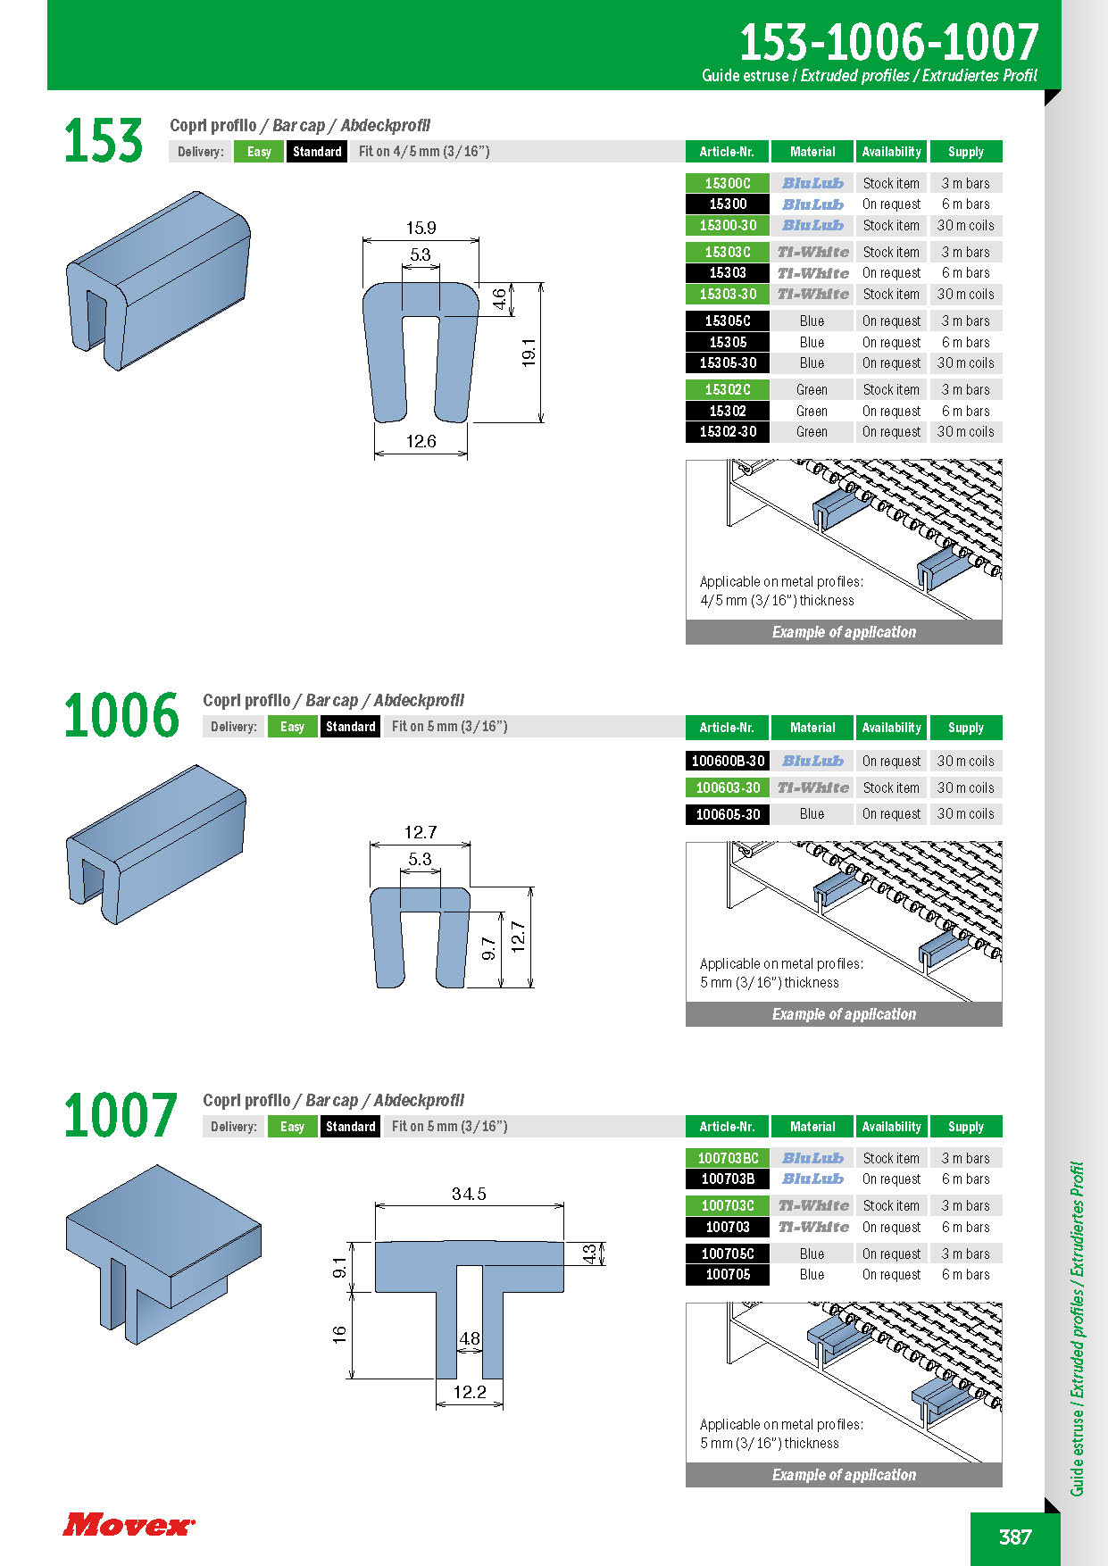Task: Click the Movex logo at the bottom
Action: point(129,1524)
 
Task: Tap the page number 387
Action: point(1015,1537)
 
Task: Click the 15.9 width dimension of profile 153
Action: point(421,228)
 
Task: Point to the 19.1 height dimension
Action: point(529,353)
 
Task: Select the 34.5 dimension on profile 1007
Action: point(469,1194)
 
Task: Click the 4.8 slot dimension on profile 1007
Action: point(470,1338)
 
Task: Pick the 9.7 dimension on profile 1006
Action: point(488,949)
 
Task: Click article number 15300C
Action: point(728,183)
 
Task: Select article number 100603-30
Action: point(728,787)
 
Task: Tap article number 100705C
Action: point(728,1254)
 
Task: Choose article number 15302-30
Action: point(728,432)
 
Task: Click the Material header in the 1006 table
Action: point(812,728)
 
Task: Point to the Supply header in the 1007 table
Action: point(966,1127)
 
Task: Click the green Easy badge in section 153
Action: point(259,152)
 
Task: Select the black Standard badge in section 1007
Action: point(351,1127)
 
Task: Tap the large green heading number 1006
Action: point(121,716)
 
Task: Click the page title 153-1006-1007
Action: point(888,42)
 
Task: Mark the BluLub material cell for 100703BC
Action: point(812,1158)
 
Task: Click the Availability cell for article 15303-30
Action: point(891,294)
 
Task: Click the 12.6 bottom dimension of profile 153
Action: point(421,441)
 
